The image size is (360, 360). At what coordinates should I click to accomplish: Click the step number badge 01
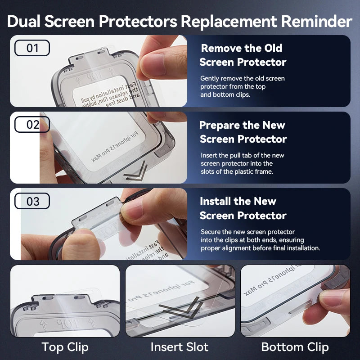pyautogui.click(x=32, y=48)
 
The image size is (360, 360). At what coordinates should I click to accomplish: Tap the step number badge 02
pyautogui.click(x=32, y=125)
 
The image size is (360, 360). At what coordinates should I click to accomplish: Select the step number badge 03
pyautogui.click(x=32, y=202)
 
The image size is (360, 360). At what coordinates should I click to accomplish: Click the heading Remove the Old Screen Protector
pyautogui.click(x=243, y=55)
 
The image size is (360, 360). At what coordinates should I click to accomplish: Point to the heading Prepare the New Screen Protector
pyautogui.click(x=243, y=132)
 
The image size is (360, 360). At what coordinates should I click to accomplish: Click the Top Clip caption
pyautogui.click(x=65, y=347)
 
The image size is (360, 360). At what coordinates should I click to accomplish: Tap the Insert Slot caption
pyautogui.click(x=180, y=347)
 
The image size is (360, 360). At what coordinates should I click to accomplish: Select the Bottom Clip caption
pyautogui.click(x=295, y=347)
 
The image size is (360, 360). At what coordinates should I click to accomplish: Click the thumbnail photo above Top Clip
pyautogui.click(x=65, y=301)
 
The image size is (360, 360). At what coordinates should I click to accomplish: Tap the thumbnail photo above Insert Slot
pyautogui.click(x=180, y=301)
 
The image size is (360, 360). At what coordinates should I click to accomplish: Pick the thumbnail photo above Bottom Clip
pyautogui.click(x=295, y=301)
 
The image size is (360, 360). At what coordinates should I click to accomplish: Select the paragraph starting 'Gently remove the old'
pyautogui.click(x=242, y=86)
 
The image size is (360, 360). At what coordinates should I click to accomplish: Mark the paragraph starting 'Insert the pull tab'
pyautogui.click(x=243, y=163)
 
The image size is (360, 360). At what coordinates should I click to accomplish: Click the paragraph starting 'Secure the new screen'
pyautogui.click(x=260, y=240)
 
